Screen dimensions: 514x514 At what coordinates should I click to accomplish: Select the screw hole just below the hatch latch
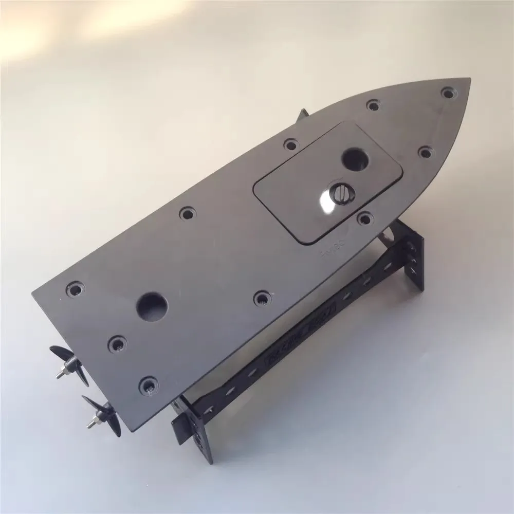coord(364,218)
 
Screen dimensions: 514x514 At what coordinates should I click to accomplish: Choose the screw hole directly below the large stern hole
coord(117,342)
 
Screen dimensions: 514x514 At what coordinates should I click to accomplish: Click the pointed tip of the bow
coord(469,79)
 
